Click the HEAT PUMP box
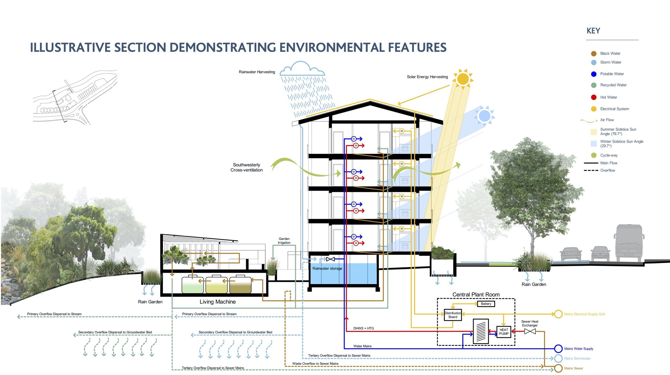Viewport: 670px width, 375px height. [503, 332]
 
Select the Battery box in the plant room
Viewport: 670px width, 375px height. [486, 304]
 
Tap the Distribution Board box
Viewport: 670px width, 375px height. [453, 315]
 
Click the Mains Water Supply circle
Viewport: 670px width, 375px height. [558, 348]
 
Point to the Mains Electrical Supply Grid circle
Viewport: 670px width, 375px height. [558, 314]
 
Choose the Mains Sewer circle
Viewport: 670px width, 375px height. [558, 368]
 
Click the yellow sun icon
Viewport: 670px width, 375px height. [463, 79]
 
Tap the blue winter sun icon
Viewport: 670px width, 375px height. [484, 116]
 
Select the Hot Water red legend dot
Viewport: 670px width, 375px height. [593, 97]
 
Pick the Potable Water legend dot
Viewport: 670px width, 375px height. [593, 74]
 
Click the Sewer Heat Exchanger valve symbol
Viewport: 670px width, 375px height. [530, 331]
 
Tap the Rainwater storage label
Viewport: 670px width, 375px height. [327, 268]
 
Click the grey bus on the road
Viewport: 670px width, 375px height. [628, 243]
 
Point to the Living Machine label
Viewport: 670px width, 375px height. [217, 302]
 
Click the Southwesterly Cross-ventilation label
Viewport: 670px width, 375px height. [246, 167]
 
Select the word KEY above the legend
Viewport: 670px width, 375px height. [593, 31]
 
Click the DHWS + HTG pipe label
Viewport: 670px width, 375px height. [363, 328]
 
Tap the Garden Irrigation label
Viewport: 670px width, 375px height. [284, 240]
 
